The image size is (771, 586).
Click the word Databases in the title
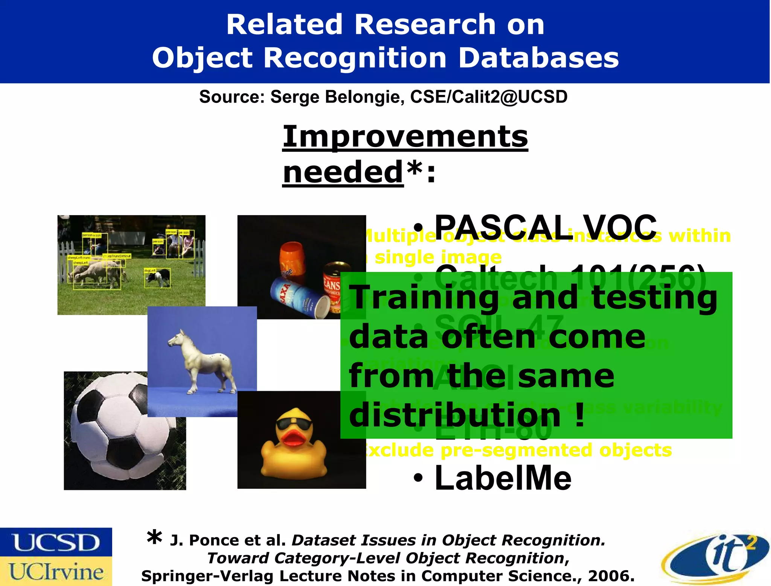click(538, 58)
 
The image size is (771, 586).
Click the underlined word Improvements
click(405, 136)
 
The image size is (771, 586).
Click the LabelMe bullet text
click(503, 478)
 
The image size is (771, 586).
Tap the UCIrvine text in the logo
click(56, 572)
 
